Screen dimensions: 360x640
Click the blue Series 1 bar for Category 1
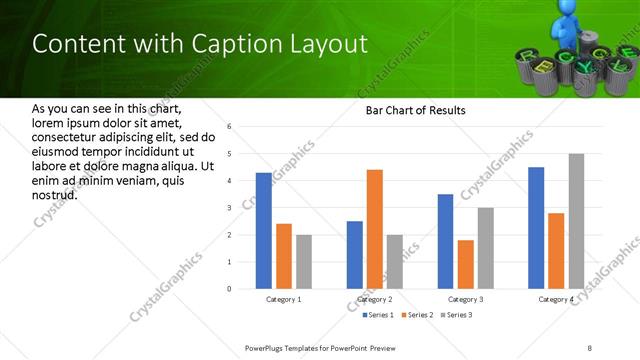(x=263, y=231)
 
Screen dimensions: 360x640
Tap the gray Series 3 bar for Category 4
(x=576, y=221)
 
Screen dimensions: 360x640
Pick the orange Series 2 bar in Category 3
(x=466, y=264)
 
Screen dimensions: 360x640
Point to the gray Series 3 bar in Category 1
(x=304, y=262)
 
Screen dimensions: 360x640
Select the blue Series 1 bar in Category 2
(x=355, y=255)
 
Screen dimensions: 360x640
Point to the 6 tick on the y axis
(x=229, y=127)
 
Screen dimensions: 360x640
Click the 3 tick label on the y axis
(x=229, y=208)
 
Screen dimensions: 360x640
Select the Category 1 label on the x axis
(x=284, y=299)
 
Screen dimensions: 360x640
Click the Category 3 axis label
(x=466, y=299)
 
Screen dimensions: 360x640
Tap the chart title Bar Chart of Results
(x=415, y=110)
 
